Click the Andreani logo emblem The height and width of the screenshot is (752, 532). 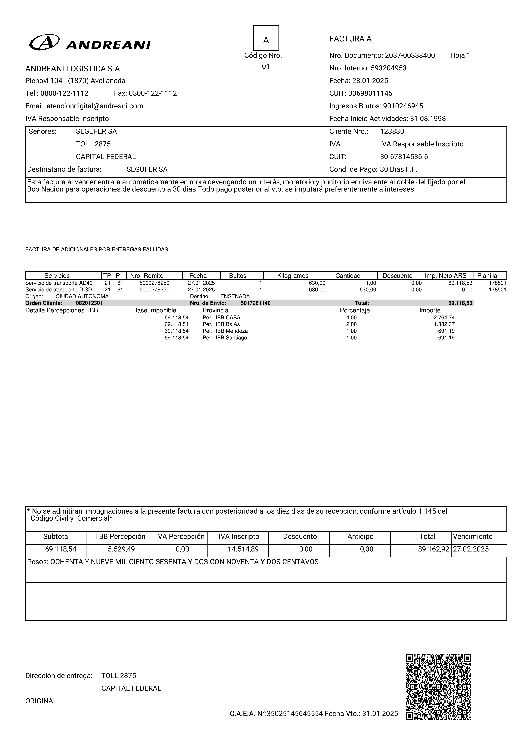[x=44, y=42]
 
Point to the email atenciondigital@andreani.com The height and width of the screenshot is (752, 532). [x=95, y=106]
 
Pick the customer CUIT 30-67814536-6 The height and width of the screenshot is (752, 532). [x=404, y=157]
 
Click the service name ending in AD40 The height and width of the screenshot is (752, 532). [x=59, y=283]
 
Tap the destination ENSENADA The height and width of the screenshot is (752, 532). [x=235, y=296]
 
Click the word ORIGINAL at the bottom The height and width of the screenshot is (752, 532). [x=41, y=701]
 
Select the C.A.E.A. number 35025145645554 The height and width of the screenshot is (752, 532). [x=294, y=713]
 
